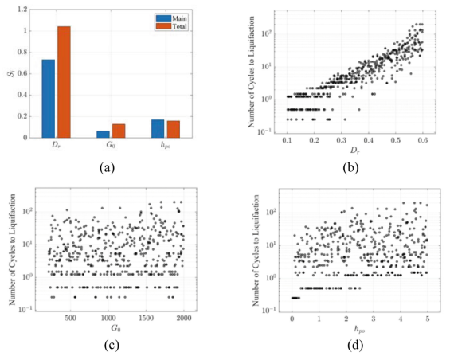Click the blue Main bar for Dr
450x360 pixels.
49,99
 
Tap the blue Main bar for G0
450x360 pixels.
103,135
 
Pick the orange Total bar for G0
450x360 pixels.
118,131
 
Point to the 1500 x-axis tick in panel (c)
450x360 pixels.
146,318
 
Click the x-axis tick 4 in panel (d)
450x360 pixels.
401,318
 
